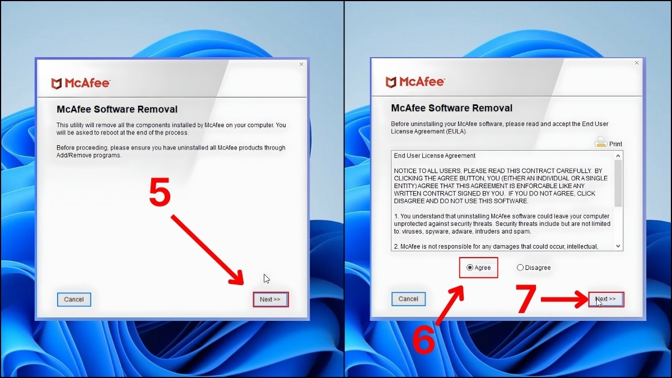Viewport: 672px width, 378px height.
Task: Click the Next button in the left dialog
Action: [x=270, y=300]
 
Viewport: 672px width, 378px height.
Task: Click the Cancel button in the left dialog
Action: [x=74, y=300]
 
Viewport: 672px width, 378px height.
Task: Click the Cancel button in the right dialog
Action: [x=408, y=299]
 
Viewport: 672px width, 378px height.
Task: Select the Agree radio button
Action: [x=470, y=268]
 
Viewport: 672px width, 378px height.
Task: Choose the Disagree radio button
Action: [x=520, y=268]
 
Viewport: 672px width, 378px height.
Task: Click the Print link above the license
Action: [x=615, y=144]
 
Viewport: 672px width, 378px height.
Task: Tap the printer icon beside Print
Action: [x=601, y=142]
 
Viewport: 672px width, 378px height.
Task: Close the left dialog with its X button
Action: [x=301, y=64]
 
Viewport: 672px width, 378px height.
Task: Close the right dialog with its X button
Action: [x=636, y=63]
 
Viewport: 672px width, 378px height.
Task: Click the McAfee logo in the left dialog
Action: [x=81, y=83]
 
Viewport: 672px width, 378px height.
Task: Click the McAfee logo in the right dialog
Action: [x=415, y=82]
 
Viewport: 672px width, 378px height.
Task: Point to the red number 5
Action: [x=160, y=194]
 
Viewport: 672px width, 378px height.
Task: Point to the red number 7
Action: [x=526, y=300]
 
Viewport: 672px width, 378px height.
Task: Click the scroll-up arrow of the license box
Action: [x=618, y=156]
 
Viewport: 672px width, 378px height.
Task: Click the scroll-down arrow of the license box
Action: [x=618, y=246]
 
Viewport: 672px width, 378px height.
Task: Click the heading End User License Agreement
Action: [x=435, y=156]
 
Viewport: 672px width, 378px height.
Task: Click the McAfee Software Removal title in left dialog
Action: [x=117, y=110]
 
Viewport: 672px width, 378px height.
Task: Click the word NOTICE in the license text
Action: [x=407, y=170]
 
